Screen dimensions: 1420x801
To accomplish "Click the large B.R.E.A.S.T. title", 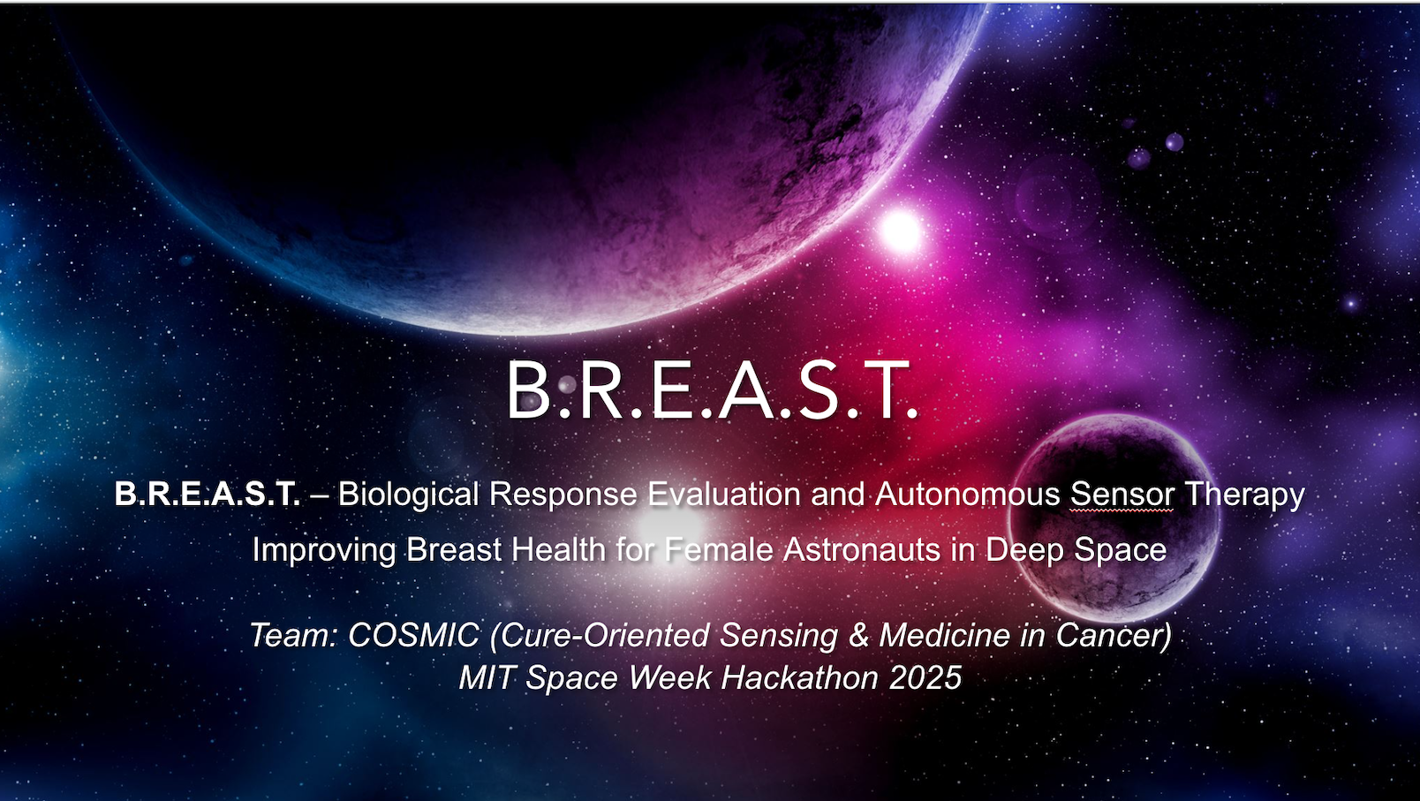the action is [x=712, y=389].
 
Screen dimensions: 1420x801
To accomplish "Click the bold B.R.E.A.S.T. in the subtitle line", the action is [x=207, y=494].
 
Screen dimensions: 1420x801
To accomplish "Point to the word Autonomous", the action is [x=967, y=494].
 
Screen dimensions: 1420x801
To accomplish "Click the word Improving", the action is [x=324, y=550].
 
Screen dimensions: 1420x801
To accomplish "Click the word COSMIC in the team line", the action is [x=413, y=635].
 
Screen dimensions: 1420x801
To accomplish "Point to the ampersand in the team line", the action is [x=858, y=636].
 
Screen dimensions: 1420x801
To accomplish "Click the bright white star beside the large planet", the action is [x=900, y=231].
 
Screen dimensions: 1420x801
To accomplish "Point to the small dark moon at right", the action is [x=1114, y=517].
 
